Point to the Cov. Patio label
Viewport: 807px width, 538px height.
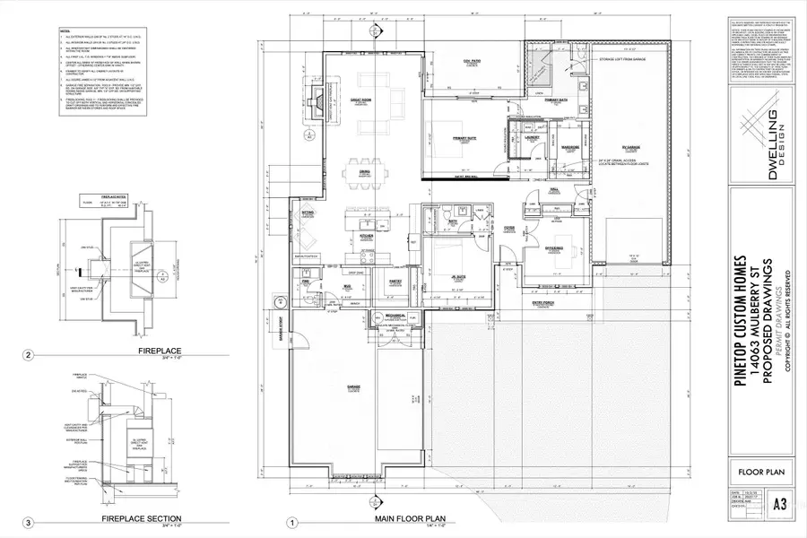click(x=461, y=61)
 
